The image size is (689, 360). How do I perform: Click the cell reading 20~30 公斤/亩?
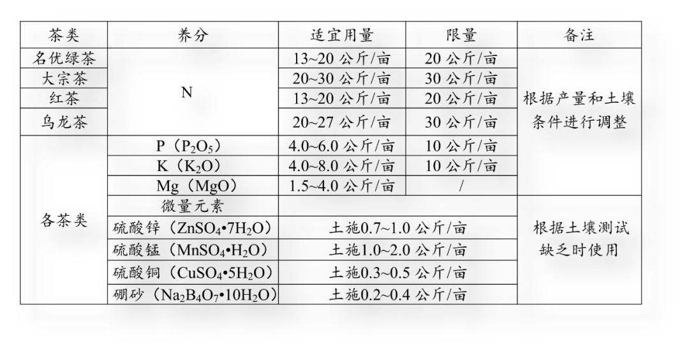[x=341, y=79]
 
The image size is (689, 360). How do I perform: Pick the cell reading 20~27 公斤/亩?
[x=341, y=121]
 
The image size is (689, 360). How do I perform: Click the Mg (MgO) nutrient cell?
[x=196, y=186]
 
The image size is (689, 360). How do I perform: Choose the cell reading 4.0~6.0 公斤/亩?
[x=341, y=146]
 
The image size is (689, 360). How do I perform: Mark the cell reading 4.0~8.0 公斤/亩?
[x=341, y=166]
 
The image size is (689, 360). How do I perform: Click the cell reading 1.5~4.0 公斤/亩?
[x=341, y=186]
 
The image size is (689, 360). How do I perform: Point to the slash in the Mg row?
[x=461, y=186]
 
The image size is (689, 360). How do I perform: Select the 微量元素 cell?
[x=191, y=206]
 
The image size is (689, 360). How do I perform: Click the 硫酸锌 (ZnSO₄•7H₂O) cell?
[x=193, y=228]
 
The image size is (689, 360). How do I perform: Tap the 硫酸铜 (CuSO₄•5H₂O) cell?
[x=193, y=273]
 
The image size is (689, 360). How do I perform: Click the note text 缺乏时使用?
[x=579, y=250]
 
